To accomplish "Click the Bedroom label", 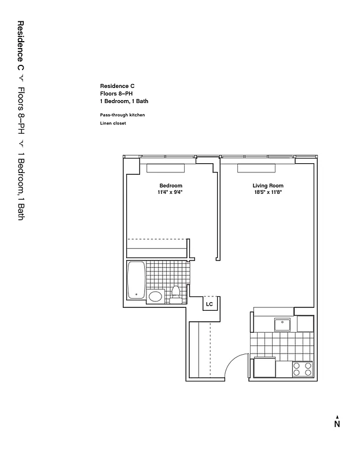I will click(x=171, y=186).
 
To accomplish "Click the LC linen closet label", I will click(x=209, y=302).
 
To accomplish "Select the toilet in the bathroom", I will click(x=175, y=294).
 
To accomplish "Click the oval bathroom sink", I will click(x=155, y=297).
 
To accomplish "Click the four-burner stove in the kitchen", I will click(x=302, y=369).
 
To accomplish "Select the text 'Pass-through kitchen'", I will click(x=122, y=115).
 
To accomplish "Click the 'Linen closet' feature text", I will click(x=113, y=123).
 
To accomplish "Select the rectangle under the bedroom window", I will click(x=166, y=168).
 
